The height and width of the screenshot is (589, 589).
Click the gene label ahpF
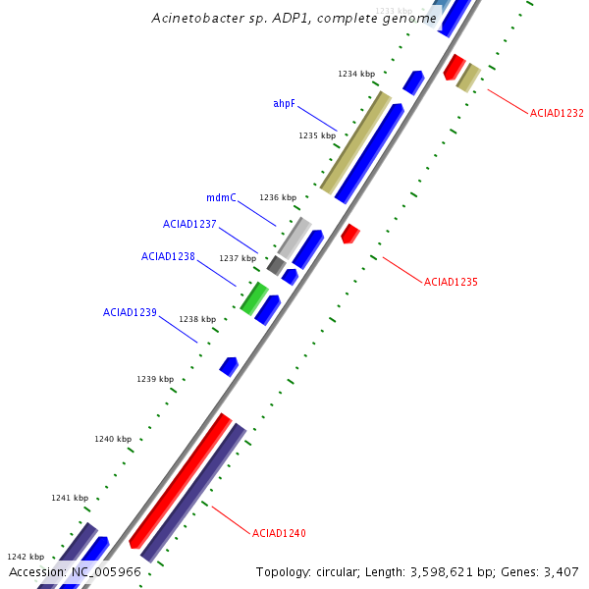[x=284, y=103]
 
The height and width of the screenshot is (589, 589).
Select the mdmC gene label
[x=221, y=197]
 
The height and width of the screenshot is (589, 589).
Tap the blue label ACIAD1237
[x=189, y=224]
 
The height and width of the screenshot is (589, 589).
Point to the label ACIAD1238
[x=168, y=256]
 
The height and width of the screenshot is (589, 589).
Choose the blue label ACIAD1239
[x=130, y=312]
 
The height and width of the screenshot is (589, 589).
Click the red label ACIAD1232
[x=557, y=113]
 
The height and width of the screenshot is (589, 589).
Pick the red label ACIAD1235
[x=451, y=282]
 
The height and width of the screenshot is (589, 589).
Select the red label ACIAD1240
[x=279, y=533]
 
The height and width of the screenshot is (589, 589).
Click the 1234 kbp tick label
[x=356, y=74]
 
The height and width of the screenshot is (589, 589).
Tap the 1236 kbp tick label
[x=278, y=197]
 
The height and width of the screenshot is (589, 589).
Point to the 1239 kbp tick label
[x=155, y=379]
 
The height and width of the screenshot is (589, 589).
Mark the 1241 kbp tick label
[x=70, y=498]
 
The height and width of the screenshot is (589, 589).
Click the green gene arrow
[x=253, y=297]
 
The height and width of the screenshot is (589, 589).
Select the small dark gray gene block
[x=276, y=265]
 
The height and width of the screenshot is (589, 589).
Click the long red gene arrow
[x=181, y=480]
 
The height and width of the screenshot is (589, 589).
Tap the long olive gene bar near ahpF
[x=354, y=143]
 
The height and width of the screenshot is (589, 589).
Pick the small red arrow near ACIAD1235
[x=349, y=234]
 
